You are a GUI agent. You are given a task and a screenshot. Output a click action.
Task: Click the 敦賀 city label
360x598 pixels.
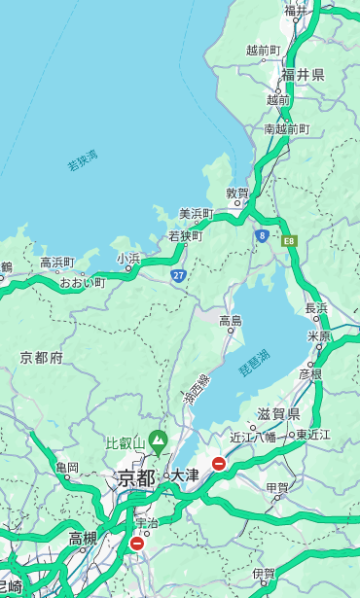coord(238,193)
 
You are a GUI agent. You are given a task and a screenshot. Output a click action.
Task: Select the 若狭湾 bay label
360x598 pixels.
coord(83,160)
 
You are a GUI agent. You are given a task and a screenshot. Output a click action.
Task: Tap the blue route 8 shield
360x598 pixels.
coord(262,235)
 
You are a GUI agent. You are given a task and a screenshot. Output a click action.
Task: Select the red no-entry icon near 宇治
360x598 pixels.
coord(137,544)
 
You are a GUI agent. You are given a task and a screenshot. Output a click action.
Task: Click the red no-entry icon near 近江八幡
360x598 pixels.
coord(219,464)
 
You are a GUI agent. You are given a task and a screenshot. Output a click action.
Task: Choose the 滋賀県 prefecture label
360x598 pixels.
coord(278,414)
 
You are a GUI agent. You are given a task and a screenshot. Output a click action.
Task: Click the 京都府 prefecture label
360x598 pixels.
coord(42,358)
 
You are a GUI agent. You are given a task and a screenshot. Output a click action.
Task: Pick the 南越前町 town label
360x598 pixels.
coord(286,128)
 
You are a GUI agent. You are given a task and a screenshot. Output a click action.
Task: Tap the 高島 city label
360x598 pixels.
coord(231,321)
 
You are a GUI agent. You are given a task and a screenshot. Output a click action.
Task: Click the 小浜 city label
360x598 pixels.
coord(128,259)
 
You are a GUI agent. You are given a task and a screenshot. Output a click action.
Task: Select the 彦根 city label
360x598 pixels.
coord(310,373)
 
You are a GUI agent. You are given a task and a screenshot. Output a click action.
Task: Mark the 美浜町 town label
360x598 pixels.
coord(196,214)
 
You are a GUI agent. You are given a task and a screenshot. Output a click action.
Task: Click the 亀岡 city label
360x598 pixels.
coord(66,468)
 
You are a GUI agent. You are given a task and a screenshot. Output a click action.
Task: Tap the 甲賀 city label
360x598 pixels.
coord(277,487)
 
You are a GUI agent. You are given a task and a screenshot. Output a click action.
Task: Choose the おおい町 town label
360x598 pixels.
coord(83,283)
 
